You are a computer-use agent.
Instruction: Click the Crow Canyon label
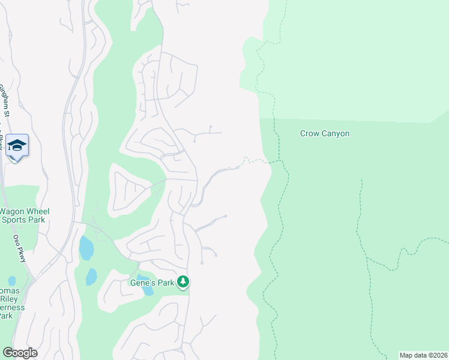[x=324, y=134]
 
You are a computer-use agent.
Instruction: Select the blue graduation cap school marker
[x=17, y=145]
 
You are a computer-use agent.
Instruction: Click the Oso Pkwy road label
[x=17, y=245]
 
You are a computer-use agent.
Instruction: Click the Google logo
[x=20, y=353]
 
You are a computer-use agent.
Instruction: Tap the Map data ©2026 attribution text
[x=423, y=355]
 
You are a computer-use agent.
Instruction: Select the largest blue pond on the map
[x=86, y=248]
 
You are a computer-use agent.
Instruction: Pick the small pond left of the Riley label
[x=12, y=280]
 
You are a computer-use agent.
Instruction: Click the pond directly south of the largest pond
[x=91, y=277]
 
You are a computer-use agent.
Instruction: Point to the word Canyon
[x=335, y=134]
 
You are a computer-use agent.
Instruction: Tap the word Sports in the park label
[x=17, y=220]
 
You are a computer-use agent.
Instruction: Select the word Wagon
[x=11, y=211]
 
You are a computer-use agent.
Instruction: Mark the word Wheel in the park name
[x=38, y=211]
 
